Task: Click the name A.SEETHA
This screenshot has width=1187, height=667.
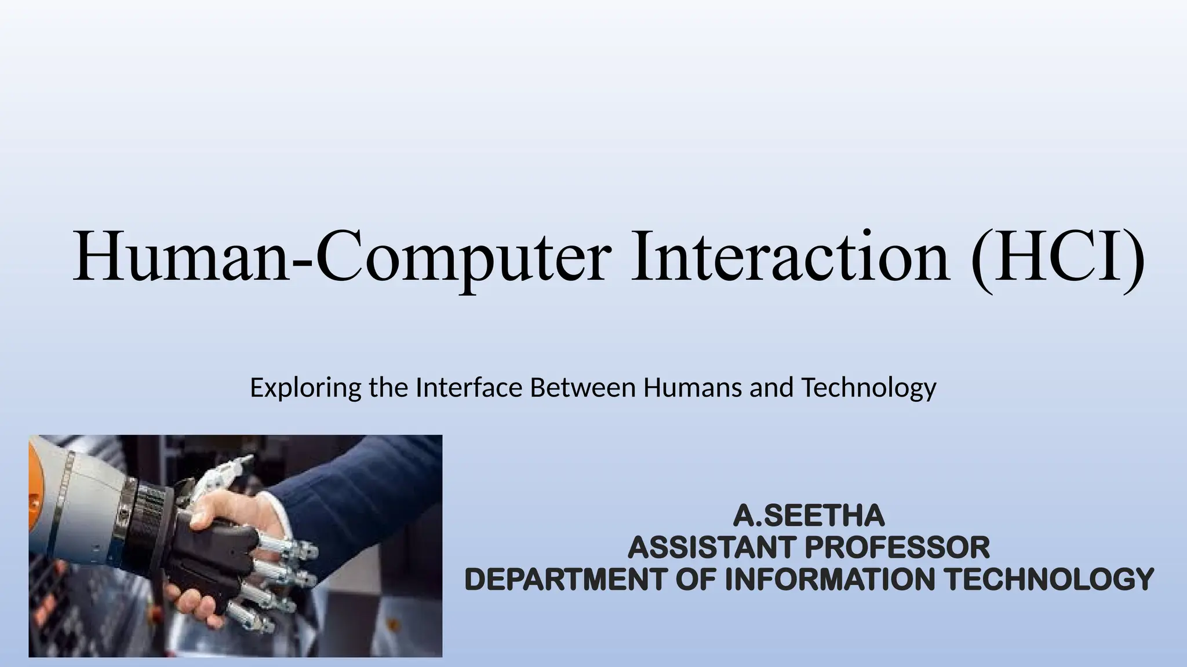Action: coord(809,516)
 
